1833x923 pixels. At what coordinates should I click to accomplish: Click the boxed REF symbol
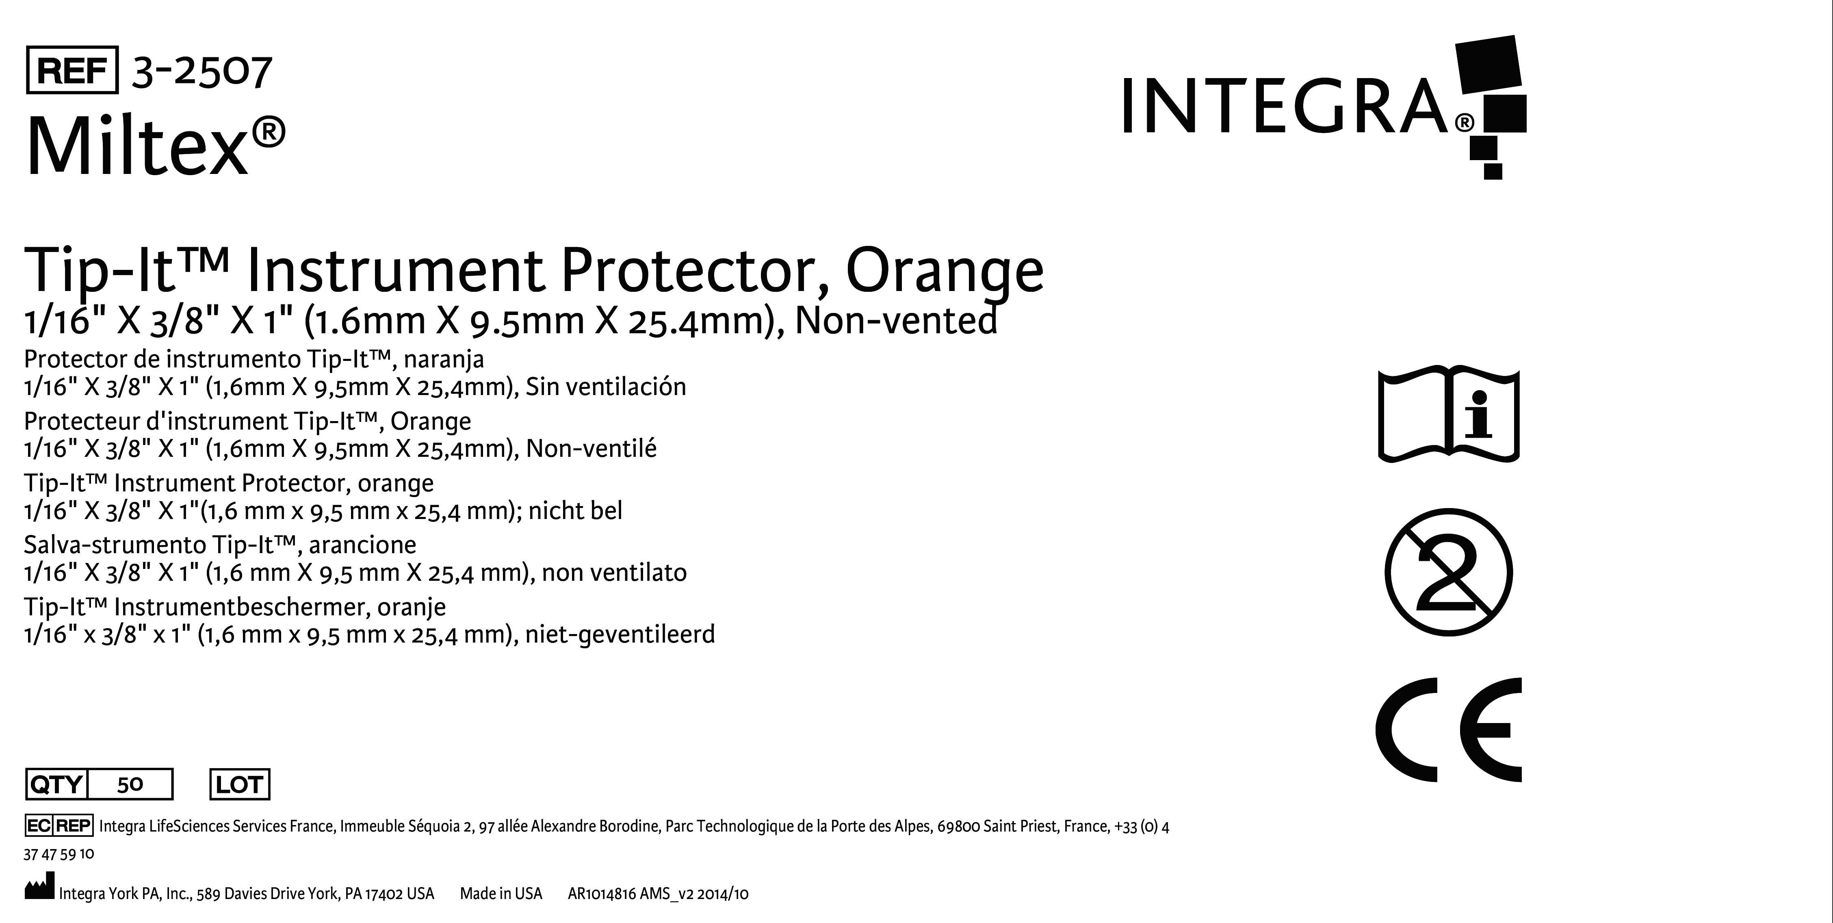pyautogui.click(x=72, y=70)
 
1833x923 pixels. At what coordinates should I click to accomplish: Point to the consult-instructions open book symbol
pyautogui.click(x=1449, y=416)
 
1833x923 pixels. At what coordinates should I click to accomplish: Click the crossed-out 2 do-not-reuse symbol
pyautogui.click(x=1449, y=572)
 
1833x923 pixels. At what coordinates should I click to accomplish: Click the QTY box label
pyautogui.click(x=56, y=784)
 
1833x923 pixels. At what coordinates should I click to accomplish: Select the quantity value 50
pyautogui.click(x=130, y=784)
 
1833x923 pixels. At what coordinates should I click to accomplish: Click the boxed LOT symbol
pyautogui.click(x=240, y=784)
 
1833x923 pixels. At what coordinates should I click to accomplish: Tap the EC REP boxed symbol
pyautogui.click(x=58, y=825)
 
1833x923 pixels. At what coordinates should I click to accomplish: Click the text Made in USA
pyautogui.click(x=501, y=893)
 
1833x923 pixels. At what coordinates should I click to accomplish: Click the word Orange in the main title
pyautogui.click(x=945, y=271)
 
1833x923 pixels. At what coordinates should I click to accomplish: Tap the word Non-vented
pyautogui.click(x=896, y=320)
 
